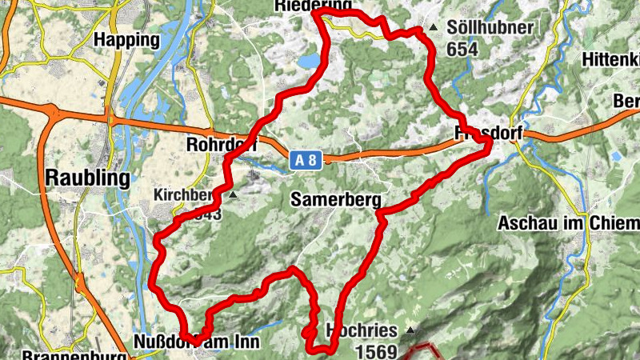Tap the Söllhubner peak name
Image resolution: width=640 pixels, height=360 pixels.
[490, 28]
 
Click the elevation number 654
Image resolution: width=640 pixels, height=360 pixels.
[462, 50]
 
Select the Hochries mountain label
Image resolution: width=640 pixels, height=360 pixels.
[362, 330]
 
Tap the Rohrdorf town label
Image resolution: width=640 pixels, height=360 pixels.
[220, 145]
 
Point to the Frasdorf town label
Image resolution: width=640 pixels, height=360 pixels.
[487, 132]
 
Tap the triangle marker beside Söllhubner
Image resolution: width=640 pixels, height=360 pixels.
[433, 28]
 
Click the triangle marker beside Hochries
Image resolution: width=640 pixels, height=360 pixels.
[410, 330]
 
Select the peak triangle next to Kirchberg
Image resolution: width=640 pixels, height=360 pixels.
[233, 194]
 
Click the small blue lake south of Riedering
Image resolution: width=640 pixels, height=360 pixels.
[309, 61]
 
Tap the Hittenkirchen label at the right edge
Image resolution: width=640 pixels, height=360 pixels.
[611, 59]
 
